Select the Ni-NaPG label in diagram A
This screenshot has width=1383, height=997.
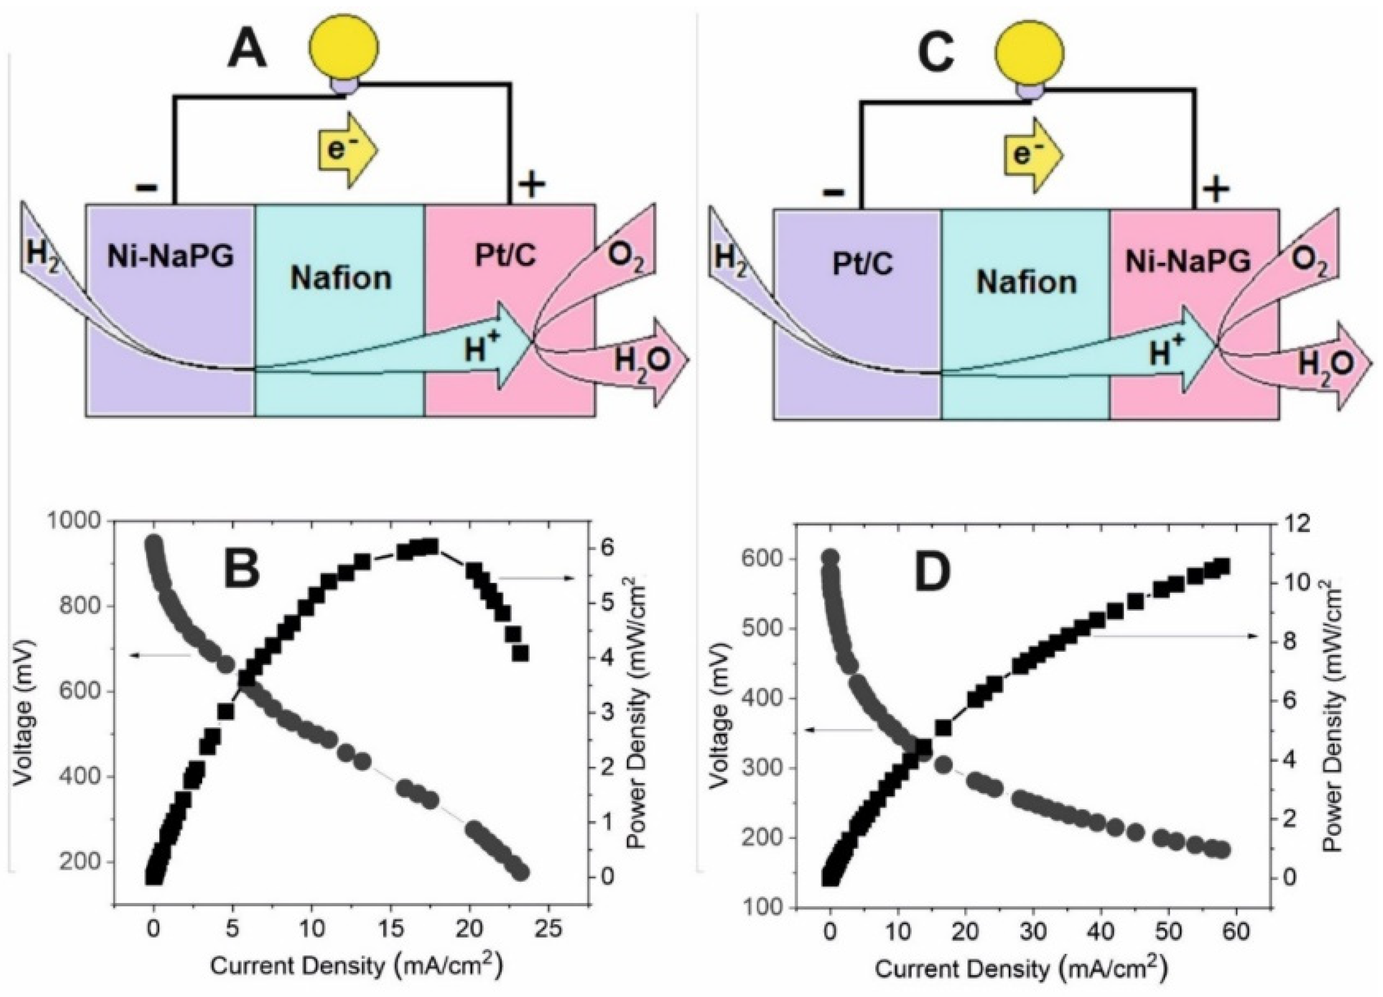pos(171,258)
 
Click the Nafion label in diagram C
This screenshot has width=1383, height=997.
pos(1026,283)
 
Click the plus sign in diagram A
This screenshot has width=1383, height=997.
pos(532,184)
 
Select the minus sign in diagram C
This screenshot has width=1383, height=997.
pos(834,193)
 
